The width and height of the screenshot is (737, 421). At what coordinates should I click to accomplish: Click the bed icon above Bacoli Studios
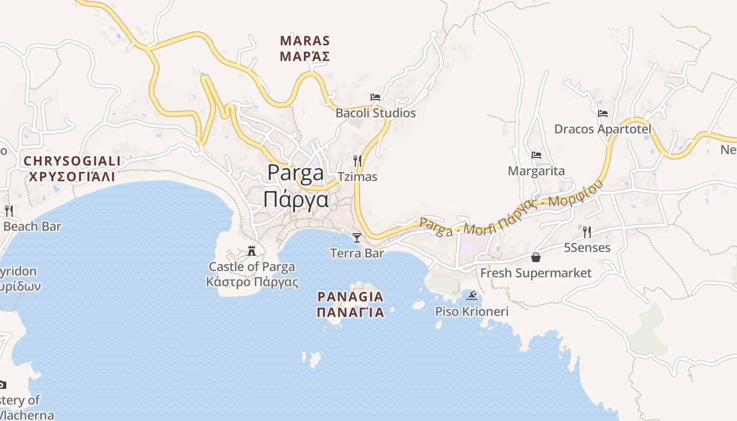[375, 97]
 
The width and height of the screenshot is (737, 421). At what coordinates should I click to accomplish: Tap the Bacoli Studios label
[375, 113]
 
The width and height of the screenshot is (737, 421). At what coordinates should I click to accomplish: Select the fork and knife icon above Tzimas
[357, 161]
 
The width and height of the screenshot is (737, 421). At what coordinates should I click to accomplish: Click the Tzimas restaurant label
[357, 177]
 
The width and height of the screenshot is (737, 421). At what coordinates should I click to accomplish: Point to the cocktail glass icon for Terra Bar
[357, 238]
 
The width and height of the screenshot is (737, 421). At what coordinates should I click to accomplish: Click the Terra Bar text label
[357, 253]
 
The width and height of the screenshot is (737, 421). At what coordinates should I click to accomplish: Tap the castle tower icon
[252, 250]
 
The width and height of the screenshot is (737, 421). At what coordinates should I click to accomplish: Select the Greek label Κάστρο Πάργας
[252, 282]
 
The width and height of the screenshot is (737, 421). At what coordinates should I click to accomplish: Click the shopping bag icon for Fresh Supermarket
[536, 257]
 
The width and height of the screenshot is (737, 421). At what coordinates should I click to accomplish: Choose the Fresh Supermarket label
[536, 273]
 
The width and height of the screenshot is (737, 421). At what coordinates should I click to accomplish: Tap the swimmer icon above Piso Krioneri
[472, 296]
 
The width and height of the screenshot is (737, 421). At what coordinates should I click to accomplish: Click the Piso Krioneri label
[472, 312]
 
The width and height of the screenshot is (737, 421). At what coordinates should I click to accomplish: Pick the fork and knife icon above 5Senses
[587, 232]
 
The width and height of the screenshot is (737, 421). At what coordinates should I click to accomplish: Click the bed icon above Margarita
[536, 155]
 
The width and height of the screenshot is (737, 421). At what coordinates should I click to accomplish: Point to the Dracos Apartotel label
[603, 129]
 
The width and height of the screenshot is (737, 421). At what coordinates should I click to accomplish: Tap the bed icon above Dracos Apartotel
[603, 113]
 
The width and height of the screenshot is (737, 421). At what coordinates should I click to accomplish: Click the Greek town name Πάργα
[296, 200]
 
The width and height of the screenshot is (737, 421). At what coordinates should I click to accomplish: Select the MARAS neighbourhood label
[305, 41]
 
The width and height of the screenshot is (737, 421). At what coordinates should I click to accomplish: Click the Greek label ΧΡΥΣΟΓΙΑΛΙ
[71, 176]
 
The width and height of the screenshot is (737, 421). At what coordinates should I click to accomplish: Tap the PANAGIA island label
[350, 297]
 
